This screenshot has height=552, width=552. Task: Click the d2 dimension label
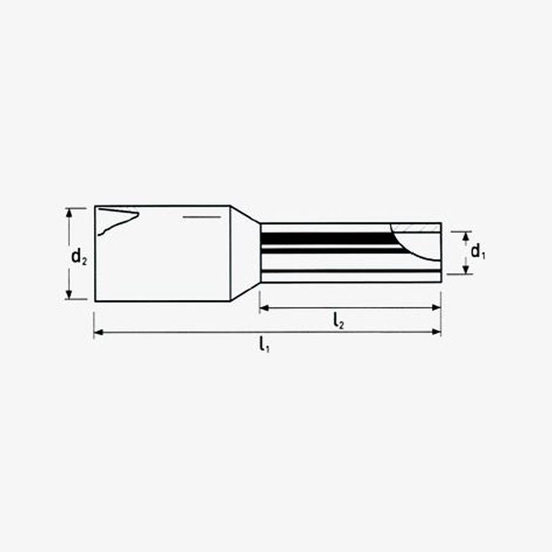tap(79, 256)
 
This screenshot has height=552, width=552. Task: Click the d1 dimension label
tap(478, 252)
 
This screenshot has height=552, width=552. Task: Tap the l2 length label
tap(339, 321)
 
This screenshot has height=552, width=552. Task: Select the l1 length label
tap(264, 345)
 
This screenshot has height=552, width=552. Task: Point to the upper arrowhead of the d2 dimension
tap(69, 212)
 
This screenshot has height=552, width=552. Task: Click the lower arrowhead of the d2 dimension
tap(69, 294)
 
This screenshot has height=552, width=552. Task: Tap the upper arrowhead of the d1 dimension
tap(466, 236)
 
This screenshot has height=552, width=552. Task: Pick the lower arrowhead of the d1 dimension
tap(466, 269)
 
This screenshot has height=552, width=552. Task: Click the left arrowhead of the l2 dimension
tap(264, 308)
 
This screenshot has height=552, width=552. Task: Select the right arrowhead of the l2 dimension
tap(436, 308)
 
